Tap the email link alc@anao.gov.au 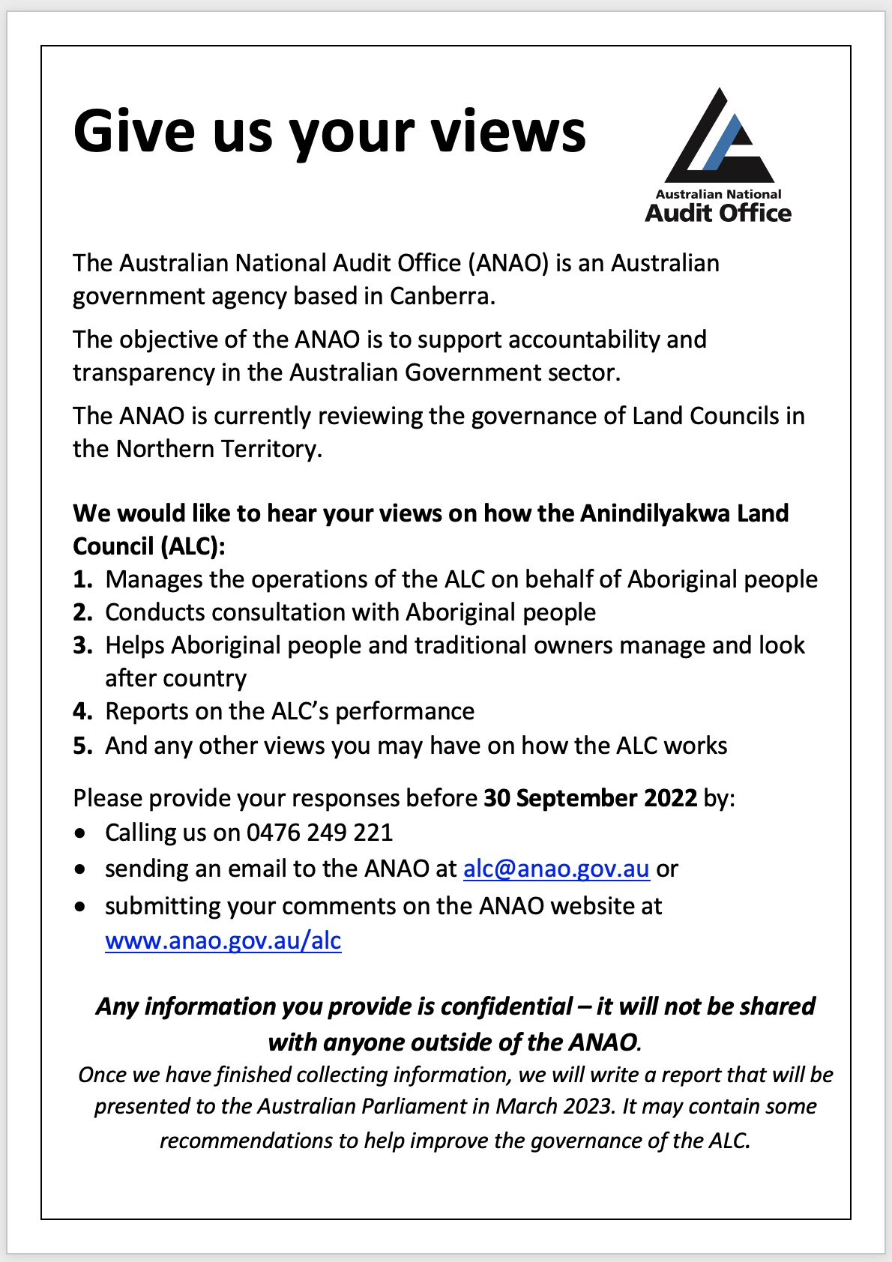[x=555, y=869]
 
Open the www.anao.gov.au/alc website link [x=223, y=941]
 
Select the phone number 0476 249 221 [x=319, y=833]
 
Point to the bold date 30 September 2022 [x=590, y=798]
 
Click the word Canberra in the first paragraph [x=441, y=297]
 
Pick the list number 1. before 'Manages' [x=82, y=579]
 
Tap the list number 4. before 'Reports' [x=82, y=711]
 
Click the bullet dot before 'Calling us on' [x=81, y=833]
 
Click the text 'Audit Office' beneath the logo [x=718, y=214]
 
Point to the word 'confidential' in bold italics [x=506, y=1006]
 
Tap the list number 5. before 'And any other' [x=82, y=746]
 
